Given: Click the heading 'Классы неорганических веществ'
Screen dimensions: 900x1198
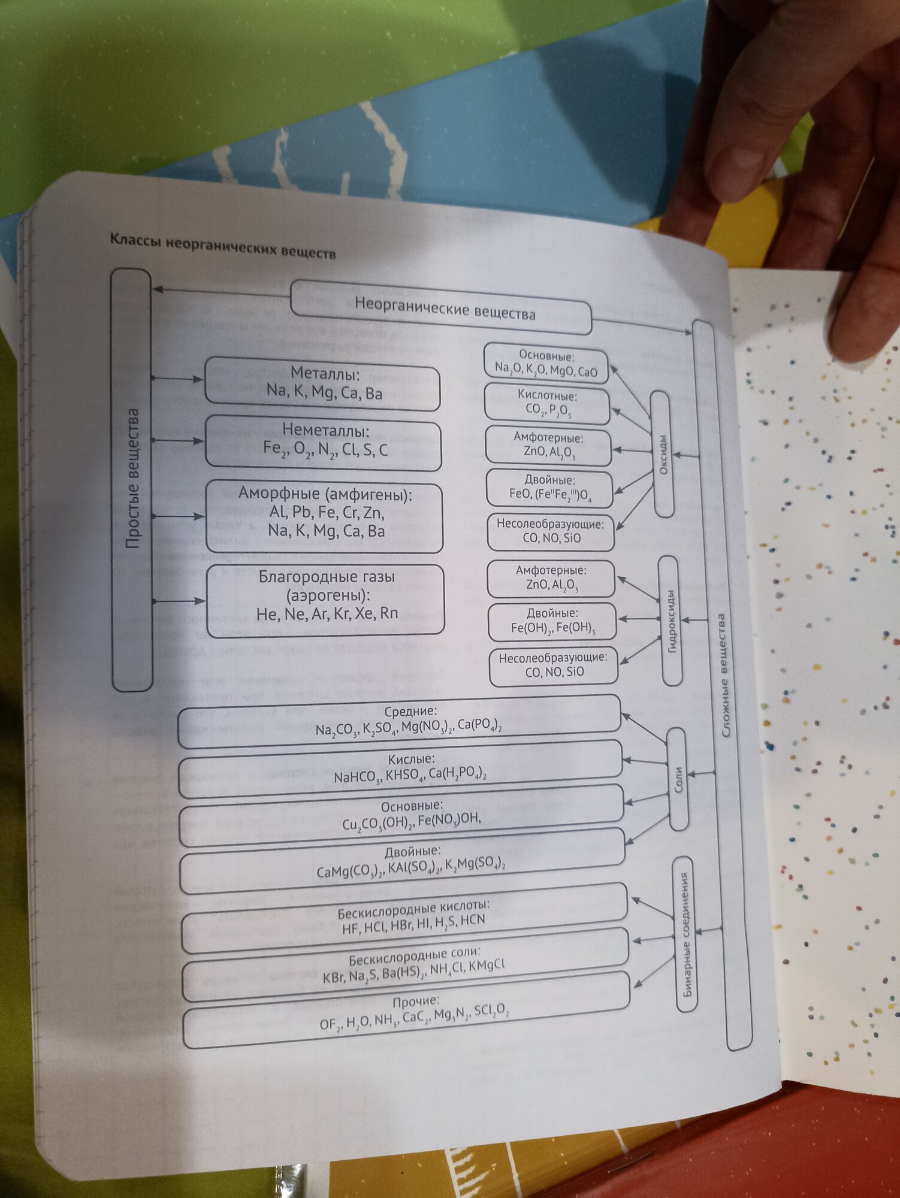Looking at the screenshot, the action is coord(222,246).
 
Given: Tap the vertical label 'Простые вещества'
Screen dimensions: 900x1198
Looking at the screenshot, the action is coord(132,479).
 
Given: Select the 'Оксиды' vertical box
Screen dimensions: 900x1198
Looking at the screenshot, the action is coord(662,453).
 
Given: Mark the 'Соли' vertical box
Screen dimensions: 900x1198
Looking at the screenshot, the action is coord(678,779).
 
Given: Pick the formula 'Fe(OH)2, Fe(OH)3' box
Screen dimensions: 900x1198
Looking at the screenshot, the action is coord(552,621).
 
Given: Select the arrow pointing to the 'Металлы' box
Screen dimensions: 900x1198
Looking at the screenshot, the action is coord(179,379).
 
